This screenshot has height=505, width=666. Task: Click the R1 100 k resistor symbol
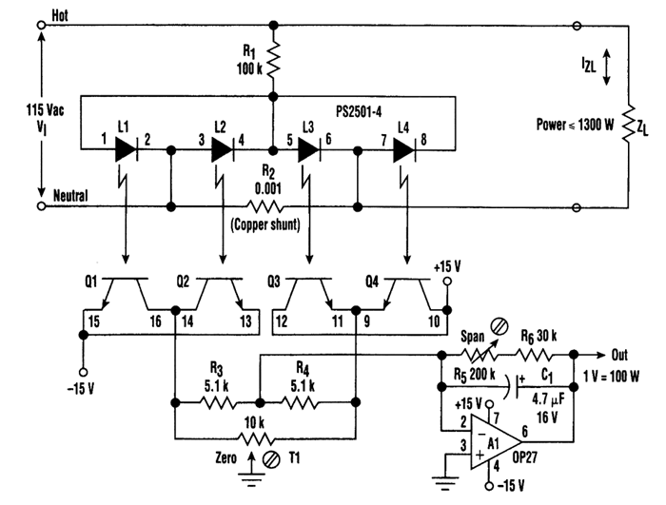[274, 60]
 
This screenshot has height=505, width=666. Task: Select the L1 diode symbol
[127, 149]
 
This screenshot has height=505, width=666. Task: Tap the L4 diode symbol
[404, 149]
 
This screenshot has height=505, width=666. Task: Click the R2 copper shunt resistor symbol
[264, 206]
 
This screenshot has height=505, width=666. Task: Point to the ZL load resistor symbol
[628, 124]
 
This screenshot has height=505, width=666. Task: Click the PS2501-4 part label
[359, 111]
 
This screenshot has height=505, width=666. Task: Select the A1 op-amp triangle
[496, 442]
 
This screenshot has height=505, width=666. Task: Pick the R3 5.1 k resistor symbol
[217, 402]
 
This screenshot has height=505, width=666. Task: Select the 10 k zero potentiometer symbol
[255, 438]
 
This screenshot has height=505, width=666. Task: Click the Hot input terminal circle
[41, 26]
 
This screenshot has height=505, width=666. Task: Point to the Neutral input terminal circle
[41, 206]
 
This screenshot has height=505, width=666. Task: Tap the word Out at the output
[619, 355]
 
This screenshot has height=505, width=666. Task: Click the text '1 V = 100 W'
[611, 376]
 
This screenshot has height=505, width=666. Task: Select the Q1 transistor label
[91, 282]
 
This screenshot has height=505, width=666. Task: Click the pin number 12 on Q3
[282, 321]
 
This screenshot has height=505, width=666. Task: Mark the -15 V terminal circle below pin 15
[84, 373]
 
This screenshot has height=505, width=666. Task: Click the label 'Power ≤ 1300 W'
[575, 125]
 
